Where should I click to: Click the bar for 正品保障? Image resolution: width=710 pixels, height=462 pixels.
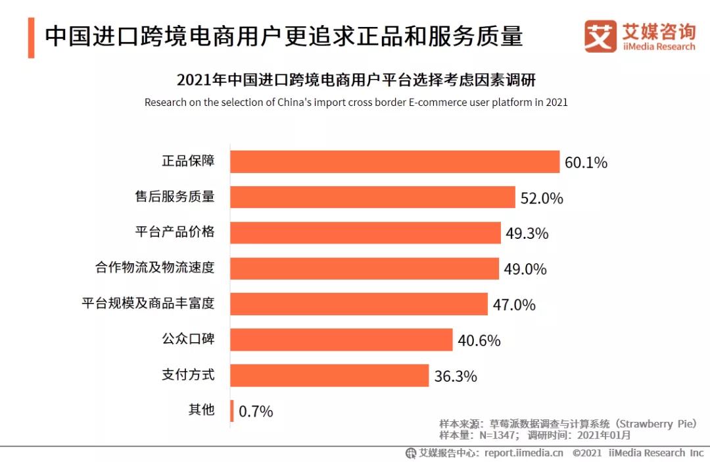click(394, 162)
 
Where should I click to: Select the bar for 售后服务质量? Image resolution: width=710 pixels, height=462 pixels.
click(372, 197)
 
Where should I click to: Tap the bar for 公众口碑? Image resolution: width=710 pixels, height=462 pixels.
click(341, 340)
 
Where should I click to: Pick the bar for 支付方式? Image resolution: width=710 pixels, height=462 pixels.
click(329, 376)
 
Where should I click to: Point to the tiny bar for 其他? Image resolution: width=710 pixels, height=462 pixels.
click(231, 411)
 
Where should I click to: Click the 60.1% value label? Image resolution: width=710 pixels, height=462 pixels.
click(586, 163)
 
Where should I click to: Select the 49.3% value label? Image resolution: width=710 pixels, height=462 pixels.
click(527, 234)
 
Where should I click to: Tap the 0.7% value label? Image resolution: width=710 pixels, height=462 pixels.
click(256, 412)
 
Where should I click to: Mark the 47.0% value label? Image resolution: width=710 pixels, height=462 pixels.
click(514, 305)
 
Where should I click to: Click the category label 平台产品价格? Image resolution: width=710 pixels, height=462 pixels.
click(175, 232)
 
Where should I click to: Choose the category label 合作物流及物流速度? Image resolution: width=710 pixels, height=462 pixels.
click(155, 268)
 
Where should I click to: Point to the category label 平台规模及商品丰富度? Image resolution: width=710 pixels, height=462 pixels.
click(148, 303)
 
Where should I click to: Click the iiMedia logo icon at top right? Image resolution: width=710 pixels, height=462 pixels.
click(600, 36)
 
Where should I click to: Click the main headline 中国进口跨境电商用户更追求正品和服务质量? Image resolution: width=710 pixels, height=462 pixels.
click(283, 36)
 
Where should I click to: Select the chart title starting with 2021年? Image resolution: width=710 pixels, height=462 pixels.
click(356, 80)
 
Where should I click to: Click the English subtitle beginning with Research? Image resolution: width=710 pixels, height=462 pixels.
click(356, 103)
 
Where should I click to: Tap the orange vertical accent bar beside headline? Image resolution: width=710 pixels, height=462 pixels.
click(31, 38)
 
